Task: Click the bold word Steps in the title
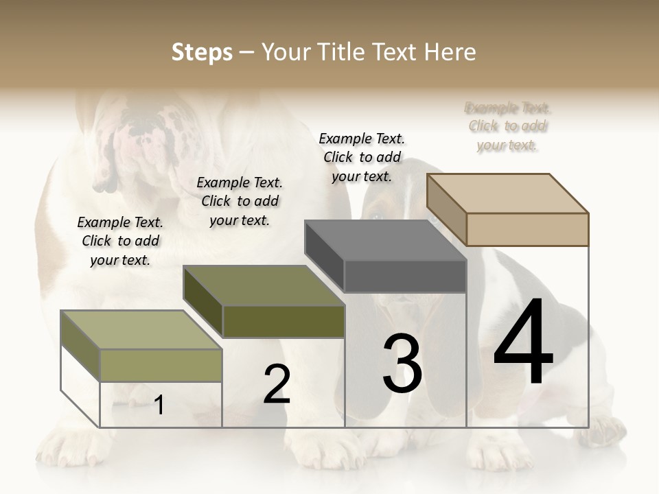[202, 52]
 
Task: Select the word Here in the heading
[450, 52]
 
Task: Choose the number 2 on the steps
[277, 384]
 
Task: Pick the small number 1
[159, 405]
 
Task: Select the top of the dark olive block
[264, 285]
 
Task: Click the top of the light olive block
[141, 329]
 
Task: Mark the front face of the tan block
[527, 229]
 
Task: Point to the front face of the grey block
[405, 276]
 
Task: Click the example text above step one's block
[120, 241]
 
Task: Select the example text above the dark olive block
[240, 201]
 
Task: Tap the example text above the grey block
[362, 157]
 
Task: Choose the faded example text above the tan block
[508, 126]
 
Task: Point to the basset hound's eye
[375, 217]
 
